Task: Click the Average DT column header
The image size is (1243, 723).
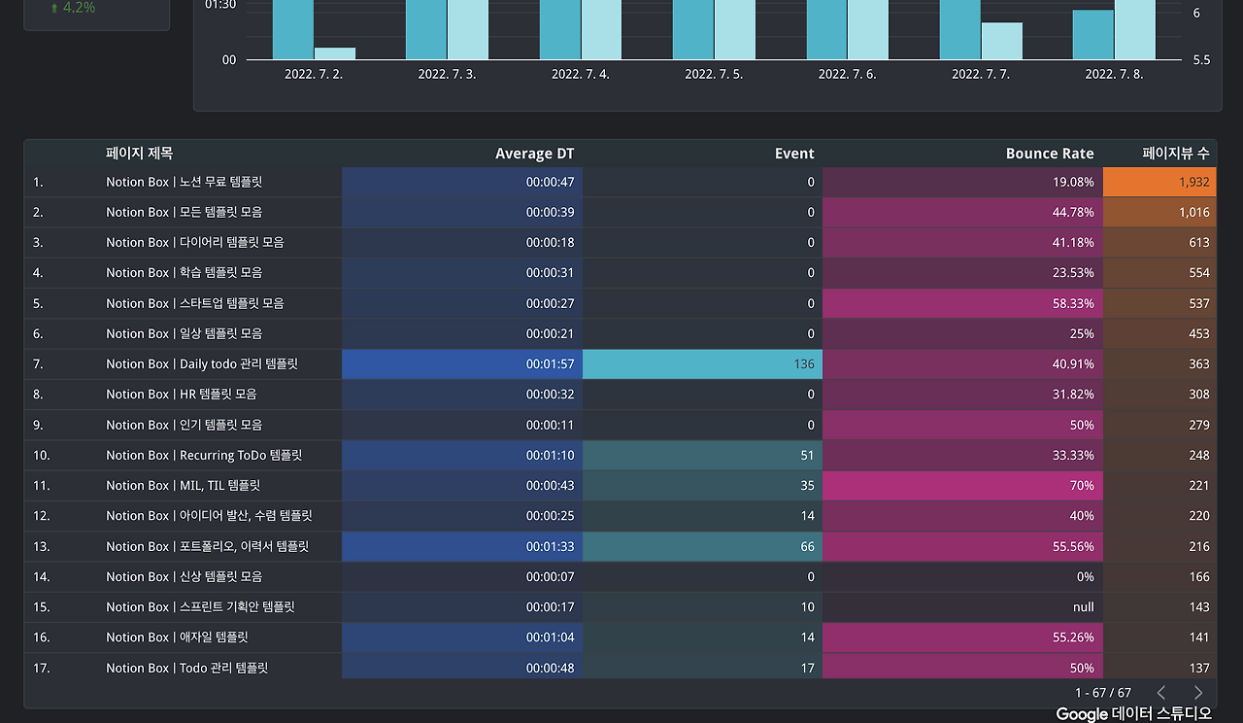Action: (x=534, y=154)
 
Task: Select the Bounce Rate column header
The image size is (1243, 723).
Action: (x=1049, y=154)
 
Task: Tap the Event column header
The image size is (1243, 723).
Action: (x=793, y=154)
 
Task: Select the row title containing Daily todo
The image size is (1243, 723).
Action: (x=201, y=364)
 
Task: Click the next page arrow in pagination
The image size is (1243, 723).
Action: (x=1197, y=693)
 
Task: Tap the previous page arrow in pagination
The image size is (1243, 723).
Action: (x=1161, y=693)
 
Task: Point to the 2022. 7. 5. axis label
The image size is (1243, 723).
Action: (x=714, y=74)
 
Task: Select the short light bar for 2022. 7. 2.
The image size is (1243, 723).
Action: (x=334, y=53)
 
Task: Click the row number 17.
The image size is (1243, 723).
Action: (x=41, y=669)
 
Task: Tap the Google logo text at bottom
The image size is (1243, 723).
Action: (x=1082, y=714)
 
